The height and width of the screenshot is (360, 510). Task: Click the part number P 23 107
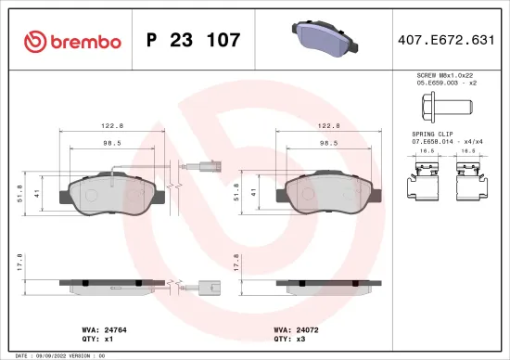pyautogui.click(x=194, y=40)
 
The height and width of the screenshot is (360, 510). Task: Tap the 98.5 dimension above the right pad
pyautogui.click(x=327, y=144)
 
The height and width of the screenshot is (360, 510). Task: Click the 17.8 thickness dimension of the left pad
pyautogui.click(x=21, y=264)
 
